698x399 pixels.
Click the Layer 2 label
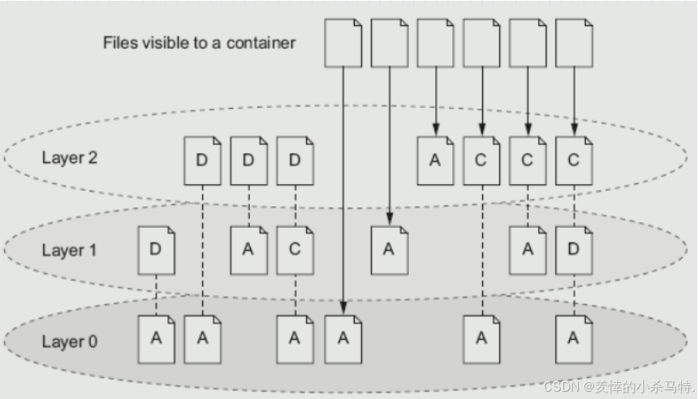[x=70, y=158]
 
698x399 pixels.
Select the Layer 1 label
[x=69, y=250]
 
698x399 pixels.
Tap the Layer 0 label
[x=70, y=341]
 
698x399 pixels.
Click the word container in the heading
[x=261, y=43]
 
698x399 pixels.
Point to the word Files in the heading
[x=120, y=43]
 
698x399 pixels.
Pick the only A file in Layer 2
[x=435, y=161]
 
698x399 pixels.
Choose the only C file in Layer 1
[x=295, y=251]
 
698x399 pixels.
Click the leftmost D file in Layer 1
[x=157, y=251]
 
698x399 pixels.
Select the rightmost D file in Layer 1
[x=574, y=251]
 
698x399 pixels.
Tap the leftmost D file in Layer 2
[x=203, y=161]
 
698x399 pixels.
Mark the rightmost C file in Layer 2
[x=574, y=161]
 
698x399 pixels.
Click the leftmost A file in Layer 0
[x=157, y=340]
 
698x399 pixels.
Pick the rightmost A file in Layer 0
[x=574, y=340]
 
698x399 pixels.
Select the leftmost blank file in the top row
[x=343, y=43]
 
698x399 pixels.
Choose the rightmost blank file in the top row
[x=574, y=43]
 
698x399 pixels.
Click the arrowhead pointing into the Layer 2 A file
[x=436, y=130]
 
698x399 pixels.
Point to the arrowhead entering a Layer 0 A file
[x=343, y=308]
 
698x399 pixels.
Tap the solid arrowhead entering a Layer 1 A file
[x=390, y=219]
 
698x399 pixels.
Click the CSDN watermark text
[x=619, y=387]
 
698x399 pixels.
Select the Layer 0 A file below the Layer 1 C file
[x=295, y=340]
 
